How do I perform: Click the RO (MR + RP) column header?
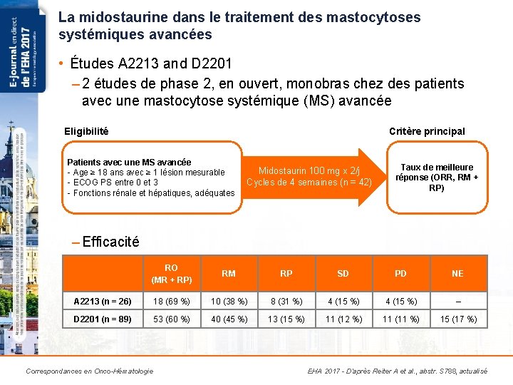[171, 274]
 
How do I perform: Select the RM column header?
[229, 273]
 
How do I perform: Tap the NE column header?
[457, 273]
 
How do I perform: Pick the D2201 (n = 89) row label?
[103, 319]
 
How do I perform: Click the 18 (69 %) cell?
[171, 300]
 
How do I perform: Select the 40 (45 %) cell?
[229, 319]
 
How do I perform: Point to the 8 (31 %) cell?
[286, 300]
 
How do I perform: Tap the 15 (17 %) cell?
[457, 319]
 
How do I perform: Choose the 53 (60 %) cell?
[171, 319]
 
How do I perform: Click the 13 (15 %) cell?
[286, 319]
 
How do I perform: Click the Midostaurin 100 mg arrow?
[309, 176]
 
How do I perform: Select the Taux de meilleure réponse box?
[436, 178]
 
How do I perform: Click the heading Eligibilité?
[86, 130]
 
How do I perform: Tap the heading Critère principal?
[427, 131]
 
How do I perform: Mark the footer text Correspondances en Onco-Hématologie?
[89, 371]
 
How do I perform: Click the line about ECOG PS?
[113, 183]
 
